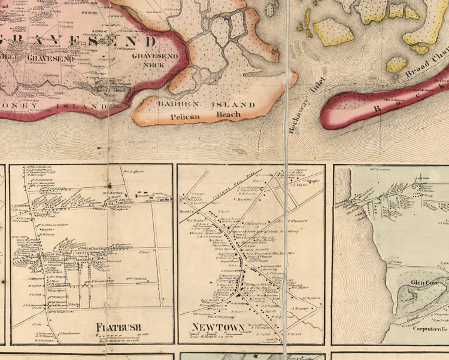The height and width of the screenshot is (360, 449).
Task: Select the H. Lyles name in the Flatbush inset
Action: point(34,286)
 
